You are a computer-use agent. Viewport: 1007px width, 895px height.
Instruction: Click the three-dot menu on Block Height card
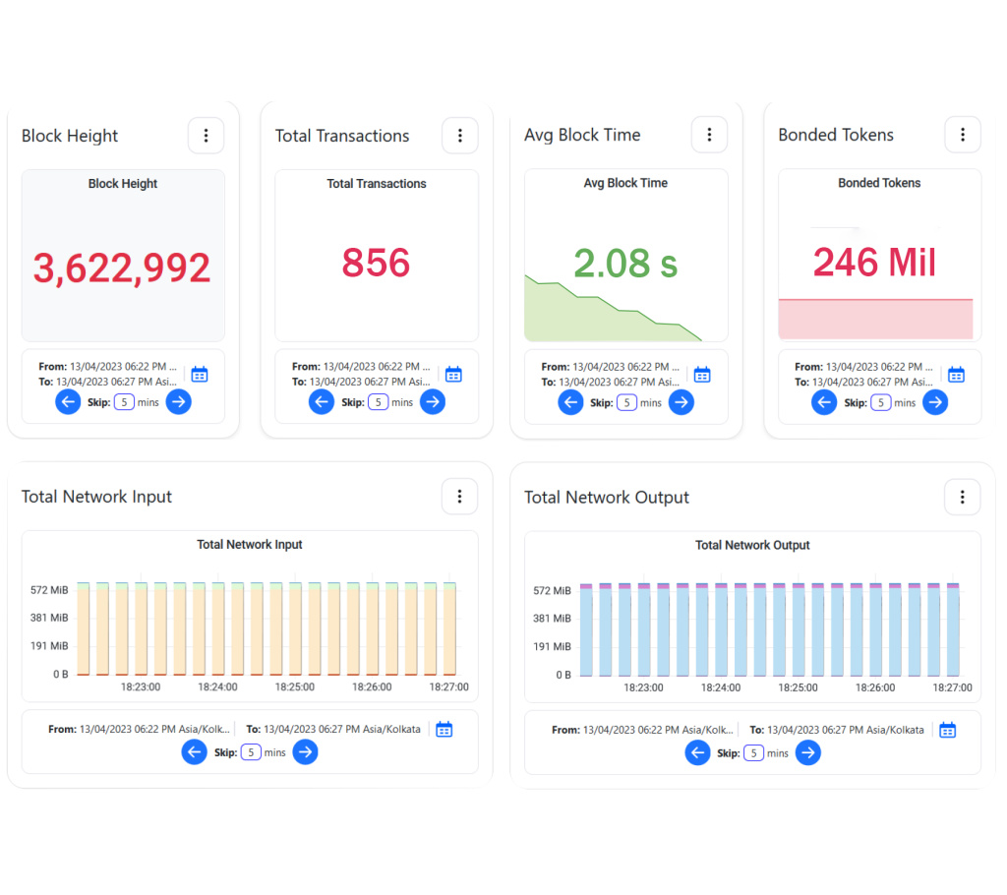206,136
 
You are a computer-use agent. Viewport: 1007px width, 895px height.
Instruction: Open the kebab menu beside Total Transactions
459,136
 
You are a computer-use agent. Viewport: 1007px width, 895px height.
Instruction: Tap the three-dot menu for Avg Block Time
709,135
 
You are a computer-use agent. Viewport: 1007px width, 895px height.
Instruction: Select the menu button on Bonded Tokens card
963,135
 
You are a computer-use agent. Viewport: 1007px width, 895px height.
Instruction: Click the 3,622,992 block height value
122,268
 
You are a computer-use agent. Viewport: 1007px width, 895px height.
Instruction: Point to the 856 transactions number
376,263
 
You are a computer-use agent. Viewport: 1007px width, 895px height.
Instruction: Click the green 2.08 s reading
625,263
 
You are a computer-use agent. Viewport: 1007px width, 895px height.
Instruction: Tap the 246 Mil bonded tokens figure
874,263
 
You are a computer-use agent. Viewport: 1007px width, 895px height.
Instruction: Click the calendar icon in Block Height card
200,374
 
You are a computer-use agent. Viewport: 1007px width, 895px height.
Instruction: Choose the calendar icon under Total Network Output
947,730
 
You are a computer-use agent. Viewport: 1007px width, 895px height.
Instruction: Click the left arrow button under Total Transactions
322,401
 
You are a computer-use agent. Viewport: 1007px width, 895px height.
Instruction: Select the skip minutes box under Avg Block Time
626,402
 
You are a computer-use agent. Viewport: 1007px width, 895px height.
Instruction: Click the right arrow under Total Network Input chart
305,752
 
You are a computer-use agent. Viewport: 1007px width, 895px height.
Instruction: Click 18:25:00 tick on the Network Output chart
798,687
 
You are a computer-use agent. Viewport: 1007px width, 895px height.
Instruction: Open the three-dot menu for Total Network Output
963,497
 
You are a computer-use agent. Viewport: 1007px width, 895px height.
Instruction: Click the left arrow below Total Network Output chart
697,753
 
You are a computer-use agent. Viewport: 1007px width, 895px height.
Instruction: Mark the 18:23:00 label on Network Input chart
140,687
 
